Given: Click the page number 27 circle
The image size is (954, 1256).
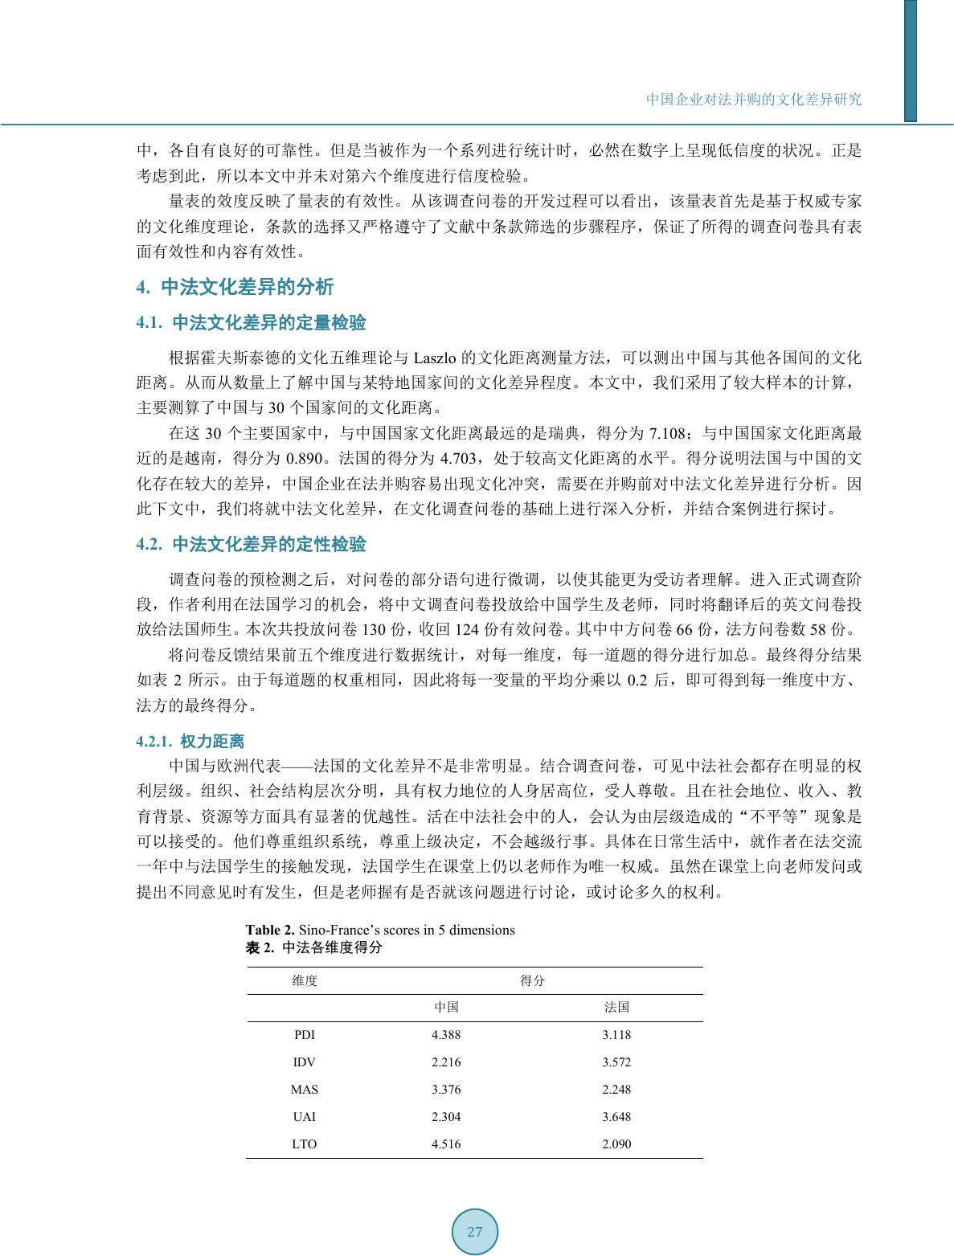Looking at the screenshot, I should click(475, 1232).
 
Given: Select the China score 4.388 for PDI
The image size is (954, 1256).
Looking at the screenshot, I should click(446, 1035).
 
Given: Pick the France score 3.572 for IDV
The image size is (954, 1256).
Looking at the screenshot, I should click(616, 1062).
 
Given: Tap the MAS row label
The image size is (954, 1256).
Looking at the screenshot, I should click(304, 1090).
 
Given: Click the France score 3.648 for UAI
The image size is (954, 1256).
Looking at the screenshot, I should click(616, 1117).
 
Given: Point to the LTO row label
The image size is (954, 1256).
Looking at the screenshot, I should click(304, 1144).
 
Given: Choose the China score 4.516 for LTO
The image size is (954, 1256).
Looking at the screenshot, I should click(446, 1144).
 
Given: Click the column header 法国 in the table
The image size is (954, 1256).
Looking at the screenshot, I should click(616, 1008).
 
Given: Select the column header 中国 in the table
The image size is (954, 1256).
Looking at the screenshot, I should click(446, 1008).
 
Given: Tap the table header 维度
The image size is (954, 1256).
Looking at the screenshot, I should click(305, 980).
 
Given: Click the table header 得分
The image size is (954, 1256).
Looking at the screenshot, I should click(532, 980).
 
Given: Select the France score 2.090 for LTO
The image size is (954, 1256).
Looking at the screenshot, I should click(616, 1144).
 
